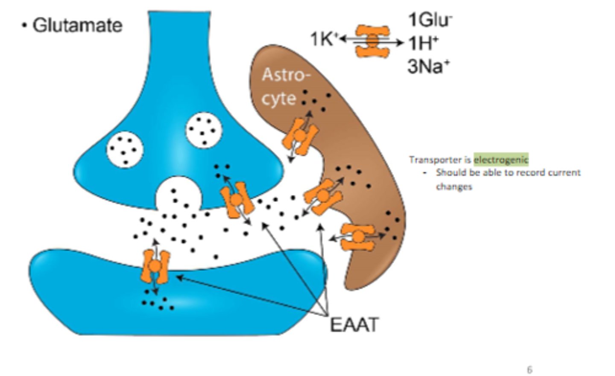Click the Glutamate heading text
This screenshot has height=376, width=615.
[x=77, y=26]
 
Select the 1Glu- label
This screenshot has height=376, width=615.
[x=430, y=20]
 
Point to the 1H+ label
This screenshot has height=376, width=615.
[x=423, y=43]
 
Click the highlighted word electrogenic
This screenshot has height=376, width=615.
[x=501, y=160]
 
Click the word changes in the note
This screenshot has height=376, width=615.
[x=454, y=187]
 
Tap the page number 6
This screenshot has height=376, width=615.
[x=530, y=370]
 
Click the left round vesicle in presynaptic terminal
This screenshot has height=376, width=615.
[x=124, y=150]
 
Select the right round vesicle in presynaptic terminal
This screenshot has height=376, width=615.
[x=204, y=130]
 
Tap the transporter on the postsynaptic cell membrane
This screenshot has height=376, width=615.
[x=156, y=267]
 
